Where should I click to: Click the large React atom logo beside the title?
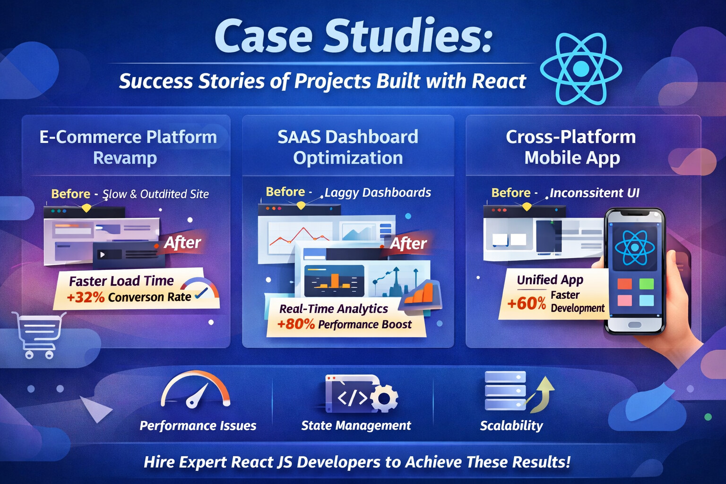[x=581, y=69]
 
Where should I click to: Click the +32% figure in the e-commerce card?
[x=86, y=297]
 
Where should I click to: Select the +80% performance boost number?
[x=296, y=324]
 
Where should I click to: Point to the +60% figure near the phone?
[x=526, y=302]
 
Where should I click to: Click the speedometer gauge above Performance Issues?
[x=195, y=390]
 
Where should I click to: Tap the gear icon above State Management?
[x=384, y=398]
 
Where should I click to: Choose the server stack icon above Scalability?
[x=505, y=391]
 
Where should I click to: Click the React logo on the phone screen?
[x=634, y=248]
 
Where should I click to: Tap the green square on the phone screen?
[x=646, y=284]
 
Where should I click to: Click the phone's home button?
[x=634, y=325]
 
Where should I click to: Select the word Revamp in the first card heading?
[x=125, y=158]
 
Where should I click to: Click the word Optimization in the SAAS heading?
[x=348, y=158]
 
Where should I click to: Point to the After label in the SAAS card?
[x=408, y=243]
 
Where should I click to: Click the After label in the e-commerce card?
[x=182, y=242]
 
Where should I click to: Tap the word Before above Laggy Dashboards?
[x=285, y=192]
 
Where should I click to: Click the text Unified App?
[x=550, y=280]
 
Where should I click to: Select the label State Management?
[x=356, y=425]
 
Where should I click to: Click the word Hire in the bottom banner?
[x=159, y=462]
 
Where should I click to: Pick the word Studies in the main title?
[x=408, y=37]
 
